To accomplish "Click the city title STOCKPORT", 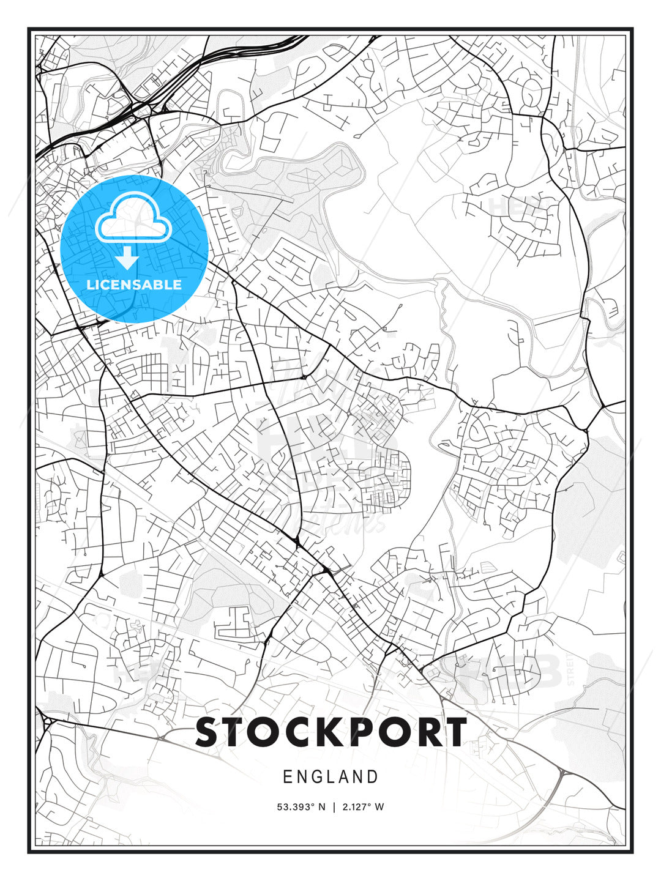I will [x=331, y=732].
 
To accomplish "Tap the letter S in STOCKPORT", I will [x=207, y=732].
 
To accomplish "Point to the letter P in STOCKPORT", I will [x=356, y=732].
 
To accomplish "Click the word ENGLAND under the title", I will [x=330, y=777].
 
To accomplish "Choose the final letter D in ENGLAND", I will [x=373, y=777].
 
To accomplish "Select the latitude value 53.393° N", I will [x=301, y=807].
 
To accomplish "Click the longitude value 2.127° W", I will [x=364, y=807].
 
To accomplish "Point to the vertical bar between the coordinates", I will [x=334, y=807].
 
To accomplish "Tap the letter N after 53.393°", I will [x=322, y=807].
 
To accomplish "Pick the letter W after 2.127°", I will [x=380, y=807].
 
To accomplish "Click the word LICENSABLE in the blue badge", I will [x=134, y=284].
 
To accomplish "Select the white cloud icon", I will [x=133, y=218].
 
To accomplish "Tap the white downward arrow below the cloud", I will [x=127, y=259].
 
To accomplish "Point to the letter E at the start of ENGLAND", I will [x=287, y=777].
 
